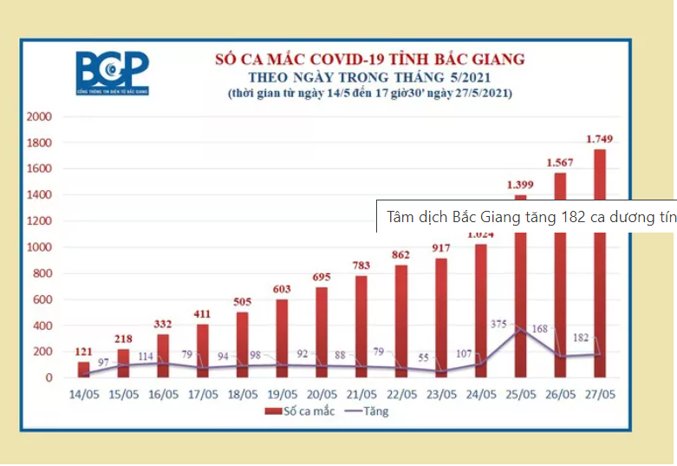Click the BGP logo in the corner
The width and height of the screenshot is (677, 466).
(112, 73)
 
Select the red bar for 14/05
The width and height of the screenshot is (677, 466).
(83, 370)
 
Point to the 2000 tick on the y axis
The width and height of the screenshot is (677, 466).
(40, 116)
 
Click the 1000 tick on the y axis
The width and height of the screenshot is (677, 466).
(40, 247)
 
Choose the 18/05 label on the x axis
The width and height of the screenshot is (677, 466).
(243, 394)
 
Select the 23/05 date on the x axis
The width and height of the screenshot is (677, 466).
(441, 394)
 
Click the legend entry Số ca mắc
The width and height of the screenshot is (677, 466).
(303, 411)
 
